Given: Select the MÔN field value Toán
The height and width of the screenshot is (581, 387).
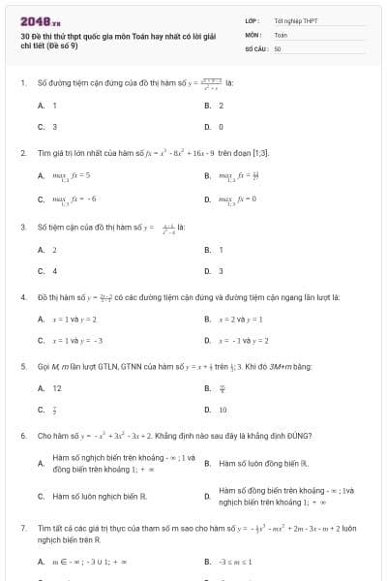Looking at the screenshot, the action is point(281,34).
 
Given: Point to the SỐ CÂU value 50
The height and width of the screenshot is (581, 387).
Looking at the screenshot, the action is point(278,47).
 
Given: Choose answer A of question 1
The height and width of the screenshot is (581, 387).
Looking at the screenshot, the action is point(54,105).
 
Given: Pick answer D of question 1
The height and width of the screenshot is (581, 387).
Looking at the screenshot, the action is point(221,127).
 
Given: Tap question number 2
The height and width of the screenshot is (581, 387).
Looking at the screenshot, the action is point(22,153).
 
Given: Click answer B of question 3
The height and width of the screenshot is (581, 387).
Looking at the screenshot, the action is point(221,249).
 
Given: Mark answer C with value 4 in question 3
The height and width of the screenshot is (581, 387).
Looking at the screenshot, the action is point(54,271).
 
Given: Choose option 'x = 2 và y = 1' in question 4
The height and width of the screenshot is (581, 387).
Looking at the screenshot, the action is point(241,319).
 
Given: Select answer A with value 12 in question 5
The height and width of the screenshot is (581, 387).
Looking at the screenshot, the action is point(57,388).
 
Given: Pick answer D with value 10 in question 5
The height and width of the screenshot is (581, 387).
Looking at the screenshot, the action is point(223,410).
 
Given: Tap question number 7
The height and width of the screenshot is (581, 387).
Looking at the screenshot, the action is point(22,529).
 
